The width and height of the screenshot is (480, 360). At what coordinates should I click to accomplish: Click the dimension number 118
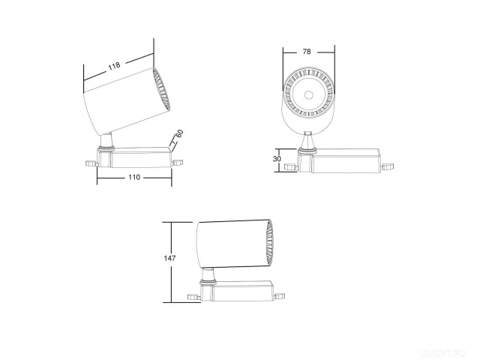click(x=114, y=66)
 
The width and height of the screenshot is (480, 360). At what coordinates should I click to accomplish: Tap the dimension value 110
click(x=133, y=178)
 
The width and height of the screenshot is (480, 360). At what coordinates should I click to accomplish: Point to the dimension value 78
click(x=307, y=52)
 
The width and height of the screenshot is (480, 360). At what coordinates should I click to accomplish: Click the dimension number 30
click(x=277, y=159)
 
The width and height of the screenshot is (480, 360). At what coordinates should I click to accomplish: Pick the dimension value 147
click(x=170, y=258)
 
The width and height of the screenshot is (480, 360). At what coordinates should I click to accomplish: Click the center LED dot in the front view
click(x=308, y=95)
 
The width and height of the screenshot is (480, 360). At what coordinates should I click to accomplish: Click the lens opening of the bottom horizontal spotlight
click(x=268, y=244)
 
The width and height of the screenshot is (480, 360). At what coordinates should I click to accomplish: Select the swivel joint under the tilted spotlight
click(x=107, y=142)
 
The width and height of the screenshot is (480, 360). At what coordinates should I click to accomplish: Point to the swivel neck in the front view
click(x=308, y=140)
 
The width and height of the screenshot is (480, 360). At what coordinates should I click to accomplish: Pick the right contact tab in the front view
click(x=388, y=166)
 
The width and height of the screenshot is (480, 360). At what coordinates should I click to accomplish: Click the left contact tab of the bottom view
click(x=193, y=298)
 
